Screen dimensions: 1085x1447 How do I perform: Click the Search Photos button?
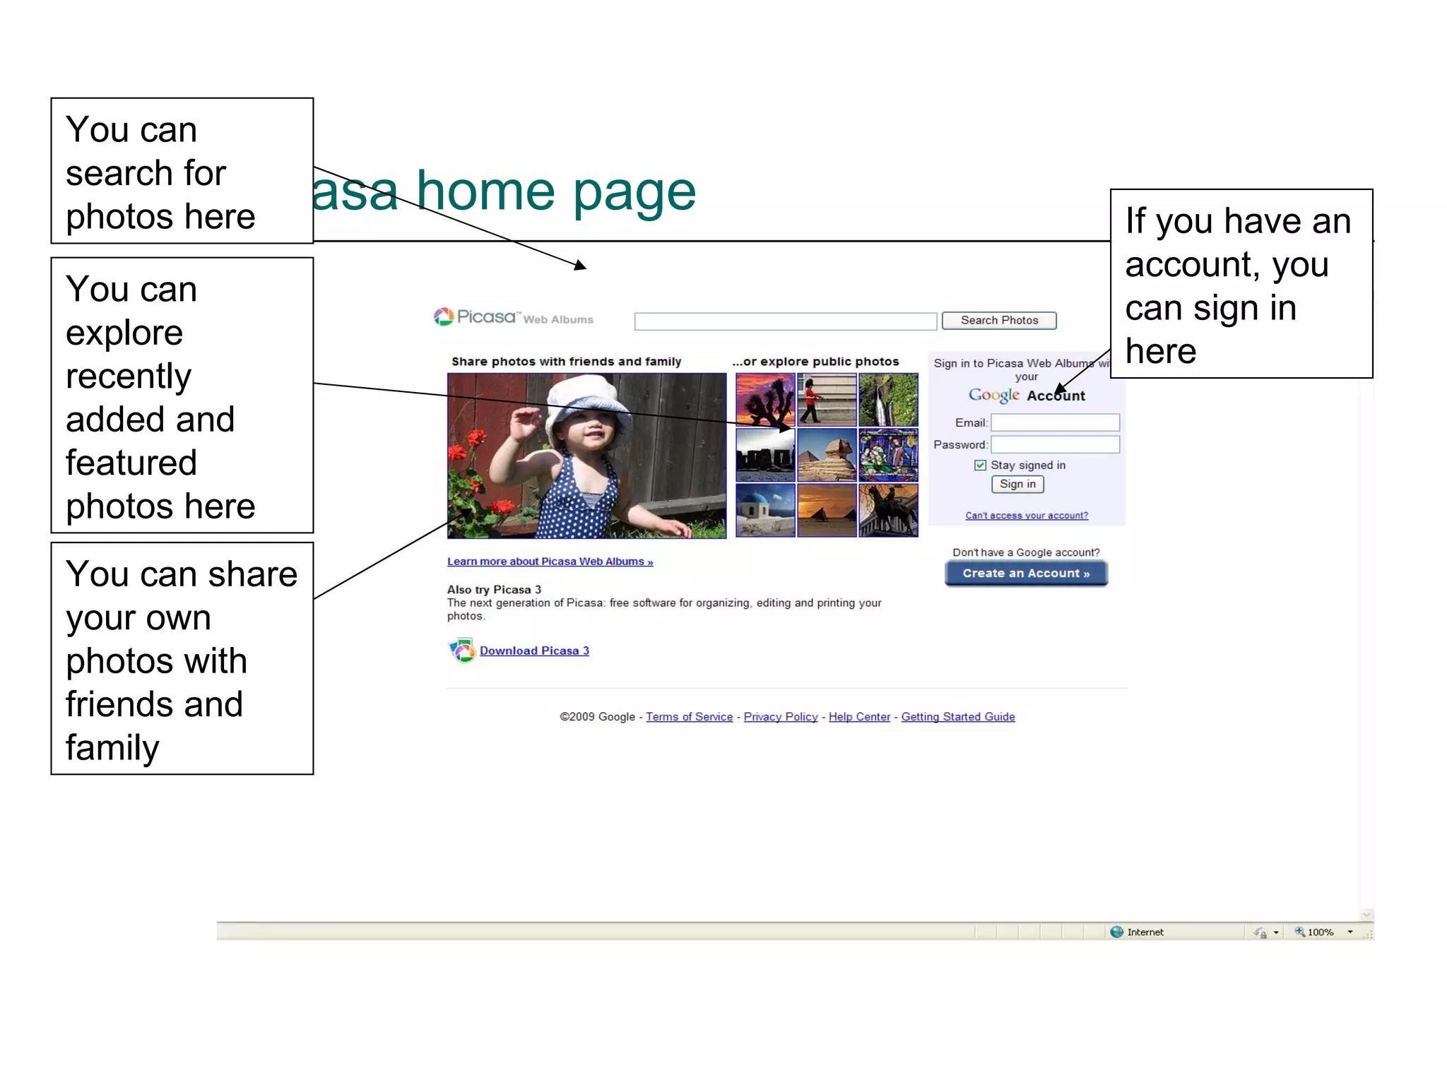pos(998,321)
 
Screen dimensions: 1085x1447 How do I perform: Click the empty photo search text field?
pos(785,321)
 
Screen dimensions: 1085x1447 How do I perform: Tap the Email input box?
pos(1055,422)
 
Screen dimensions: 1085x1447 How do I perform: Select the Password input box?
pos(1055,444)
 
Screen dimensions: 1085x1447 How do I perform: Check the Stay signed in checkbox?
pos(980,465)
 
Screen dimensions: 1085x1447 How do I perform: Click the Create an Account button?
pos(1026,573)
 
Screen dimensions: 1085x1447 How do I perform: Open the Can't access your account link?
pos(1027,516)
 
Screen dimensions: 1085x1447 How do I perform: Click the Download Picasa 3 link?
pos(534,651)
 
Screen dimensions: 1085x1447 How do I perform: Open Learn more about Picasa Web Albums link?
pos(550,562)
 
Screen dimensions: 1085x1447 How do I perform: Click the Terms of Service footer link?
pos(689,716)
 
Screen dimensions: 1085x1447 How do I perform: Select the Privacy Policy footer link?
pos(780,716)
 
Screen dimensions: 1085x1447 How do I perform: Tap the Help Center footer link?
pos(859,716)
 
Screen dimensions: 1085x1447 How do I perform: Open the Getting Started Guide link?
pos(957,716)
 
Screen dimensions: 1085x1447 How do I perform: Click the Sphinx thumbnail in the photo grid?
pos(827,455)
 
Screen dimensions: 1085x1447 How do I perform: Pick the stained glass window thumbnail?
pos(888,455)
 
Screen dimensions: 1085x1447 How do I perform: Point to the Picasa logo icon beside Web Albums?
pos(444,317)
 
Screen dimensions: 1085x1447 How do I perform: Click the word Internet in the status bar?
pos(1145,932)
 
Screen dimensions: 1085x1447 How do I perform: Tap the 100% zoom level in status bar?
pos(1320,932)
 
